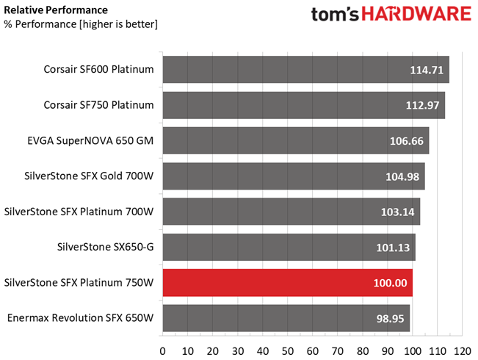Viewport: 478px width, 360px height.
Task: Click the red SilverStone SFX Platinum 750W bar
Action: click(x=287, y=283)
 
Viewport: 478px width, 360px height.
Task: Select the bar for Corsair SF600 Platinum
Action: click(x=305, y=70)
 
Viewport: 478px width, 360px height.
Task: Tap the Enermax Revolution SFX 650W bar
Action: click(x=286, y=318)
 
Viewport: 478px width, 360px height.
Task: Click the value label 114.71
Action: click(x=426, y=71)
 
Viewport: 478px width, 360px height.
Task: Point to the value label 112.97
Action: click(x=422, y=106)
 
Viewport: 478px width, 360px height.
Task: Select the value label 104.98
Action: click(x=402, y=176)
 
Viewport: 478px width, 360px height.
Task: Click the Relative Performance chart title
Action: click(x=55, y=10)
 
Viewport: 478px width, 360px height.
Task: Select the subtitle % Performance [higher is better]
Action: click(x=81, y=24)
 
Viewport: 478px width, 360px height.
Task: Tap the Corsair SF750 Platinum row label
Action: click(x=98, y=105)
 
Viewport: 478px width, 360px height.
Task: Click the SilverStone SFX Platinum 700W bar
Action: click(x=291, y=212)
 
